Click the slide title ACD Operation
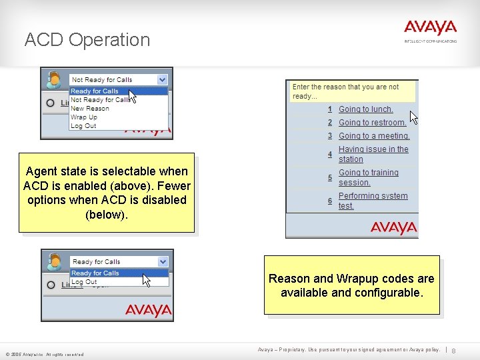87,40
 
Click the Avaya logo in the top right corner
430,29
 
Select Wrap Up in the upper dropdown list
84,117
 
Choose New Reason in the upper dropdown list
90,109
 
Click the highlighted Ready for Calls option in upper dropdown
95,91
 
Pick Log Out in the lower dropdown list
84,282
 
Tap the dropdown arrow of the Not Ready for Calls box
162,79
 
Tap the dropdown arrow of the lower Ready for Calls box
162,261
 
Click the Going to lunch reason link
365,109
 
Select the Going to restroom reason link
372,123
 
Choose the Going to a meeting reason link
373,136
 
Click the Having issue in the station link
373,154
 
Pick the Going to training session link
368,177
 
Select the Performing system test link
373,201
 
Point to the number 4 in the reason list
329,155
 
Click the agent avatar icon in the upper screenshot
53,80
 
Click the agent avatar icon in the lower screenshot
53,262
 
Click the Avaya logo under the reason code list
393,228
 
